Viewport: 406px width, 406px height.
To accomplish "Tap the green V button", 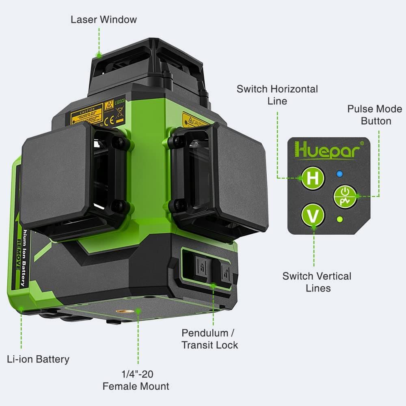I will tap(313, 215).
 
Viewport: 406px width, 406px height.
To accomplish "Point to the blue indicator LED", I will tap(340, 175).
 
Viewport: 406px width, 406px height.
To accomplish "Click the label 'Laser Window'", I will tap(104, 19).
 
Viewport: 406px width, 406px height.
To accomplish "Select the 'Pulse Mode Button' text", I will tap(374, 115).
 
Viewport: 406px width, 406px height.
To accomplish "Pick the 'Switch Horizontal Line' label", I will tap(277, 95).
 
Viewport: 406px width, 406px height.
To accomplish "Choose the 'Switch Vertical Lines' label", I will tap(317, 282).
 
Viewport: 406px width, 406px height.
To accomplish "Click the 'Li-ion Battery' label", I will tap(38, 359).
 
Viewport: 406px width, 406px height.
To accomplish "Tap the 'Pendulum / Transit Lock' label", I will tap(209, 339).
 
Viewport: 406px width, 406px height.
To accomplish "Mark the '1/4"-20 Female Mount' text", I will tap(136, 380).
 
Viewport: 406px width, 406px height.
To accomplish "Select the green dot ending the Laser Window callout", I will tap(98, 54).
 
